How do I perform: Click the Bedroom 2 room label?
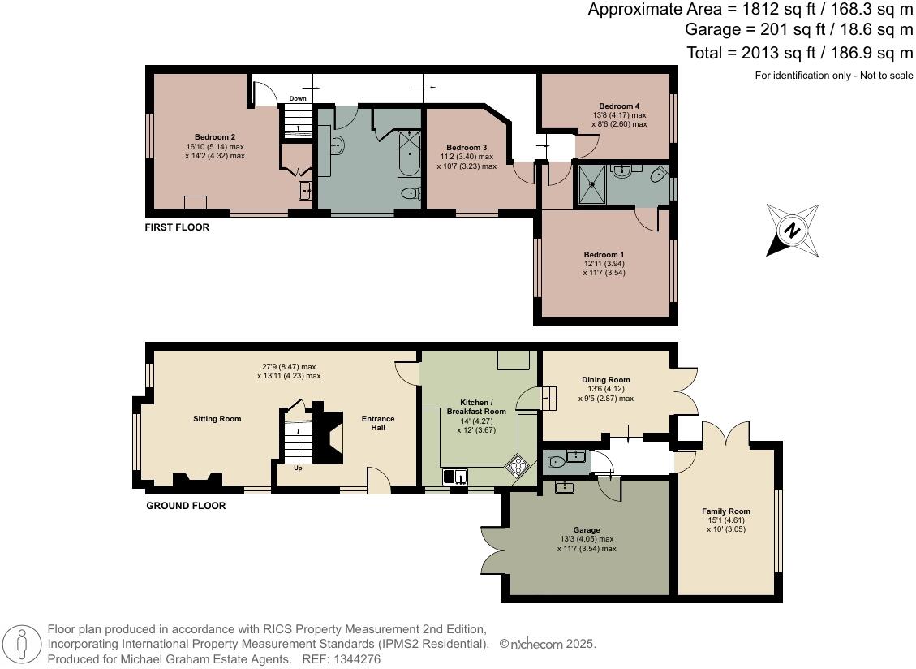(215, 137)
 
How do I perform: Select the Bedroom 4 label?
(619, 106)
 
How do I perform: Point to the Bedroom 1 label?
(604, 255)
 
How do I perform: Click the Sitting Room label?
(217, 419)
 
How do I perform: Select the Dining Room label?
(605, 379)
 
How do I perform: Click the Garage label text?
(586, 529)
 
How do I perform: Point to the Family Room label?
(725, 511)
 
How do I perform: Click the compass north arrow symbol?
(791, 231)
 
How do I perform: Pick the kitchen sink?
(454, 476)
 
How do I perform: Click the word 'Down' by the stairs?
(298, 99)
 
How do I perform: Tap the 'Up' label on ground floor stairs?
(298, 468)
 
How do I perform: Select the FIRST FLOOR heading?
(177, 227)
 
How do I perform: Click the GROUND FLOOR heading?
(186, 506)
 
